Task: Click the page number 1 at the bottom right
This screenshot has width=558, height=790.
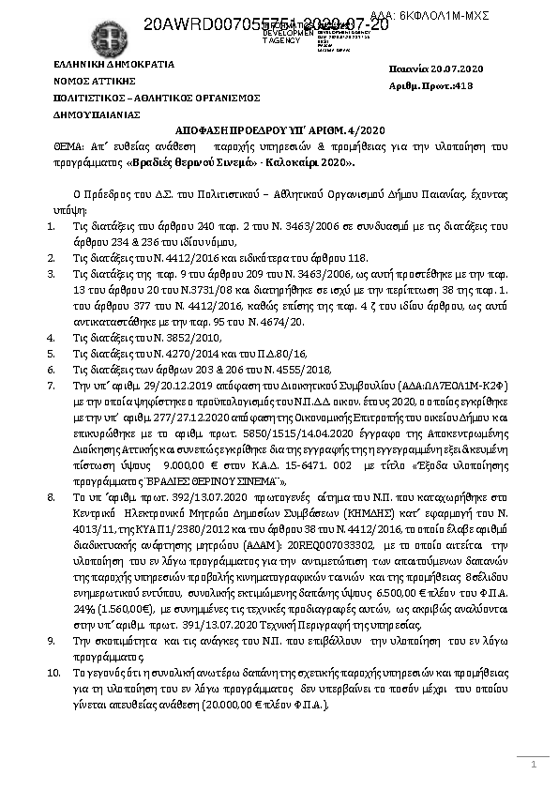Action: click(x=533, y=767)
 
